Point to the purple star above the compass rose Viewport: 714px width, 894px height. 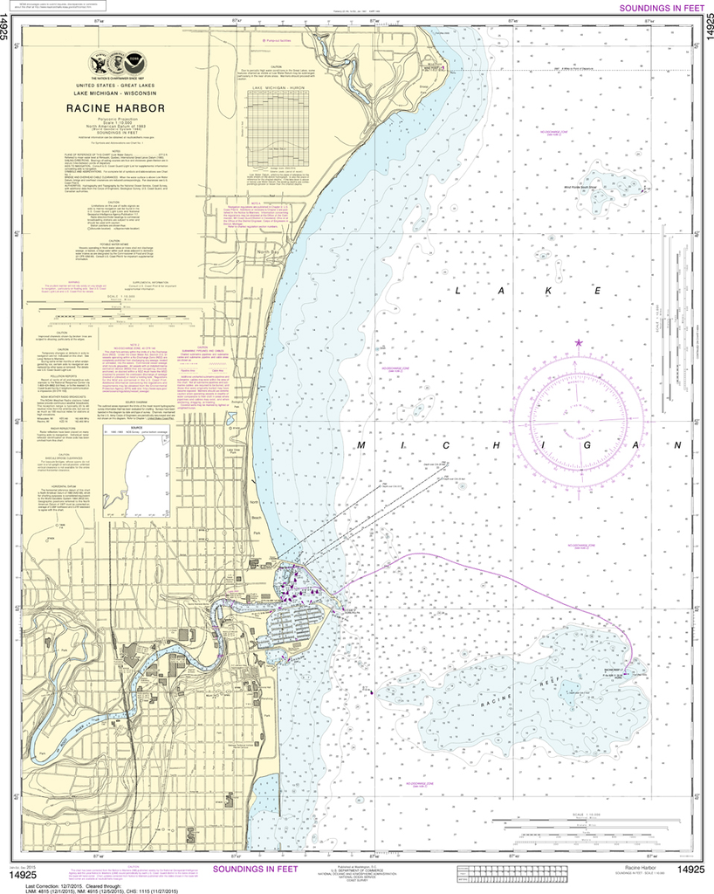pyautogui.click(x=578, y=342)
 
